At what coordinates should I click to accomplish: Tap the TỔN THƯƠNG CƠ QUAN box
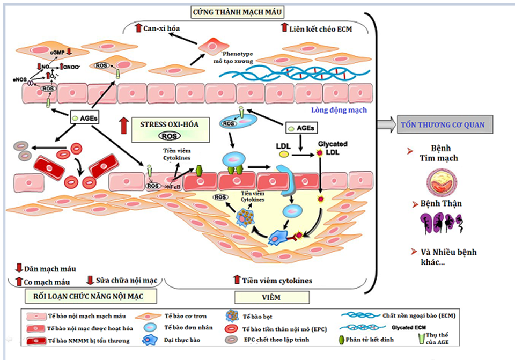tap(443, 125)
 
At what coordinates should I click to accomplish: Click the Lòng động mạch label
tap(339, 110)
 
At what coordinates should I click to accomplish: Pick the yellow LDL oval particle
tap(283, 154)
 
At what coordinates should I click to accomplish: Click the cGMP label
tap(58, 52)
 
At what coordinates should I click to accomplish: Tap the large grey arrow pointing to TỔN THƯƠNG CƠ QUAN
tap(385, 125)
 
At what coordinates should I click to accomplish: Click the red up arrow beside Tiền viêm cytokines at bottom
tap(237, 280)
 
